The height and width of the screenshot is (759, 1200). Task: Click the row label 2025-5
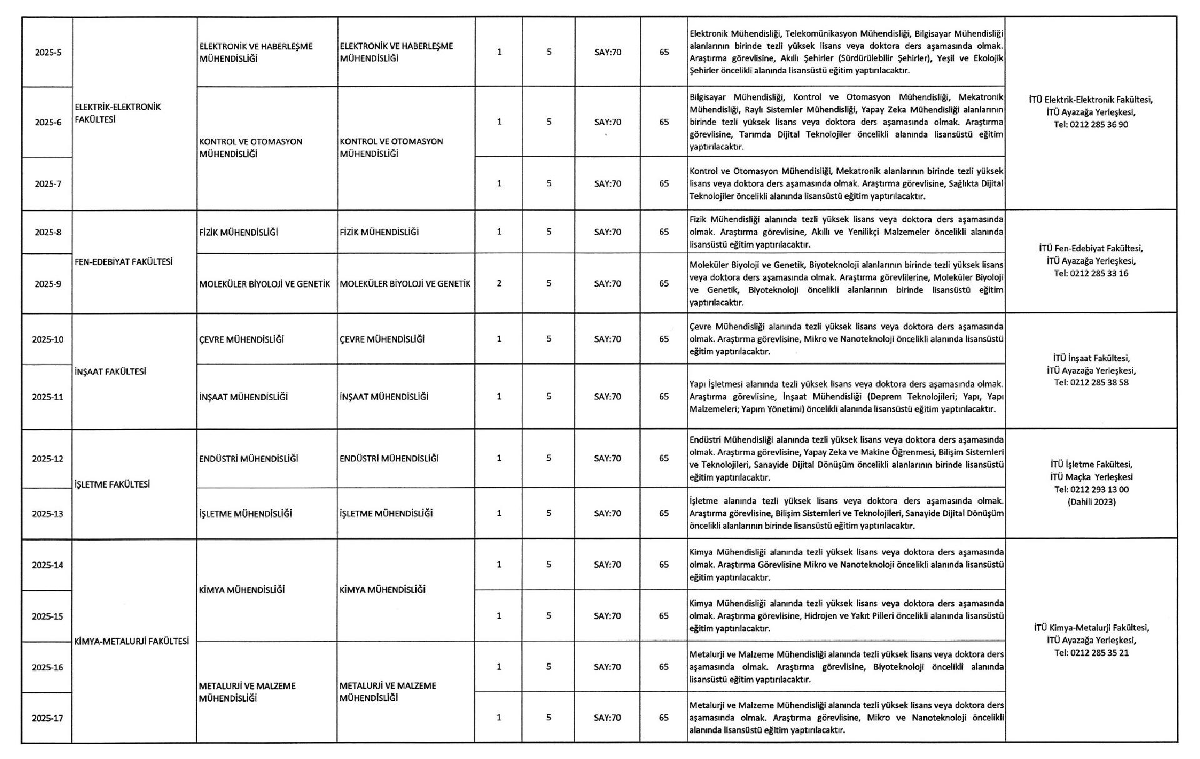point(48,53)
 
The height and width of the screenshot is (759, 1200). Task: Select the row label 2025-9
point(48,284)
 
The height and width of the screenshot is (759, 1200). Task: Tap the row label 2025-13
point(48,514)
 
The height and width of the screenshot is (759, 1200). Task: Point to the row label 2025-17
point(48,718)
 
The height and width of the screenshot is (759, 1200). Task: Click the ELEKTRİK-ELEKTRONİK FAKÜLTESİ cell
point(117,113)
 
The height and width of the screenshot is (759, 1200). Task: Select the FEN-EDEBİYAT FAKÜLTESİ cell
point(123,262)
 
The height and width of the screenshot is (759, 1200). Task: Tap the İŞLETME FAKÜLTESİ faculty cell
point(112,485)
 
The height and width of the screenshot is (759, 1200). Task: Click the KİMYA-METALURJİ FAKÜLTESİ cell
point(131,641)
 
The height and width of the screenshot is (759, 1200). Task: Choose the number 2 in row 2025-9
point(499,284)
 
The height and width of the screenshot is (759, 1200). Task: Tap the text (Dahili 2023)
point(1091,501)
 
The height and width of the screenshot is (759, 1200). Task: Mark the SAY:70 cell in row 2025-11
point(607,396)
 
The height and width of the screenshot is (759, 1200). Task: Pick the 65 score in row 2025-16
point(664,667)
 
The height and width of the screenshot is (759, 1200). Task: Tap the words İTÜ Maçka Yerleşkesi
point(1091,477)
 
